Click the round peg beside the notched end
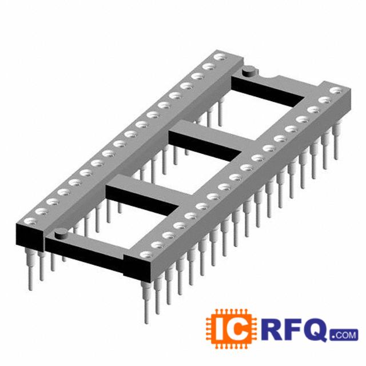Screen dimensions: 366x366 249,71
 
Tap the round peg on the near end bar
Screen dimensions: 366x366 61,234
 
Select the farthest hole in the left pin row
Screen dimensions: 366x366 221,57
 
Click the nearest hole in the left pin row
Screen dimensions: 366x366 30,221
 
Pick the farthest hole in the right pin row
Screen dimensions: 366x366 337,90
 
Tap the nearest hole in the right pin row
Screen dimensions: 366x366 146,254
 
